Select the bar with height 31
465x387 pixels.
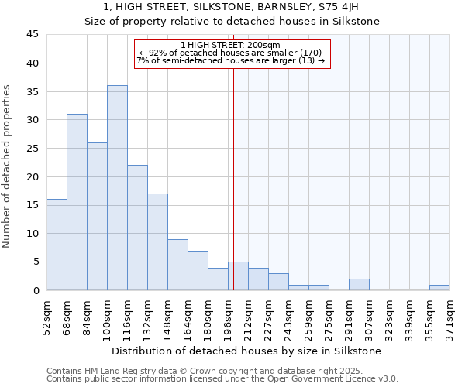(x=77, y=202)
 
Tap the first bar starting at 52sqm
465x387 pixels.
(x=57, y=245)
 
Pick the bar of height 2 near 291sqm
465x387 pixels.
(x=359, y=285)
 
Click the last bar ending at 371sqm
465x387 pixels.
(x=439, y=288)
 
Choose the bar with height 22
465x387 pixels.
(x=137, y=228)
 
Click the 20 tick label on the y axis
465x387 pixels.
(x=32, y=176)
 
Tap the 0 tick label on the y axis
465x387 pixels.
(x=35, y=290)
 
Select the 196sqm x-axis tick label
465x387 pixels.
(x=229, y=316)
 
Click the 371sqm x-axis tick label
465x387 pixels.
(x=450, y=316)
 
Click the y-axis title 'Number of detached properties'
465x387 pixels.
(x=7, y=166)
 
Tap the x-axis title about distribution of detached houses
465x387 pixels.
(x=246, y=351)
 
